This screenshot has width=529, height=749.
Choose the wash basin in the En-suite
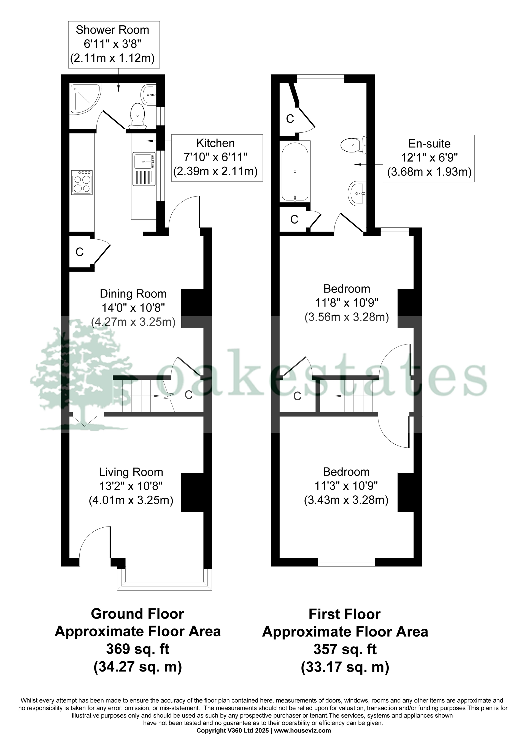click(358, 193)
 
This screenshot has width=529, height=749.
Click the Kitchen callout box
click(217, 158)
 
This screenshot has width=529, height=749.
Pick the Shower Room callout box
click(114, 45)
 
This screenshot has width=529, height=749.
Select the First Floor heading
click(344, 614)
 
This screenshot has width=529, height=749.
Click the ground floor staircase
click(137, 396)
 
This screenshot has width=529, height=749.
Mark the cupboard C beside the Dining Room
click(80, 252)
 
